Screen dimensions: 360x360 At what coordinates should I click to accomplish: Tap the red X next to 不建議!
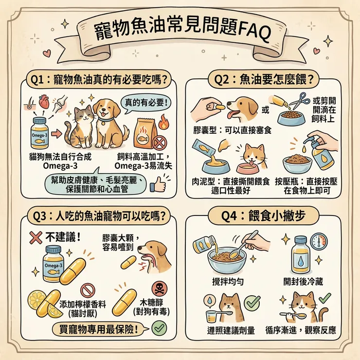tap(35, 238)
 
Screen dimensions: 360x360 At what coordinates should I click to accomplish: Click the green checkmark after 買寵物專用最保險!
tap(158, 329)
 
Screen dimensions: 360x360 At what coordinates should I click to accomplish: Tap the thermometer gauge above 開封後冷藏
tap(318, 242)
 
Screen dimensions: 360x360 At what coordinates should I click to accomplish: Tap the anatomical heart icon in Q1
tap(43, 103)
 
